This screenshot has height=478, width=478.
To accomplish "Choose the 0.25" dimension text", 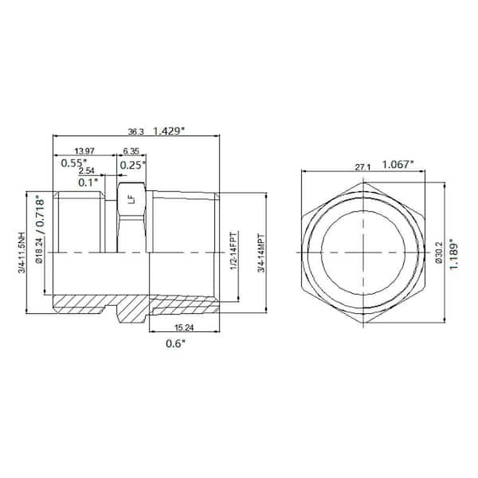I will click(133, 164).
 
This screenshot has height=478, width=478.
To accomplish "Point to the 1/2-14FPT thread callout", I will click(233, 252).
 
